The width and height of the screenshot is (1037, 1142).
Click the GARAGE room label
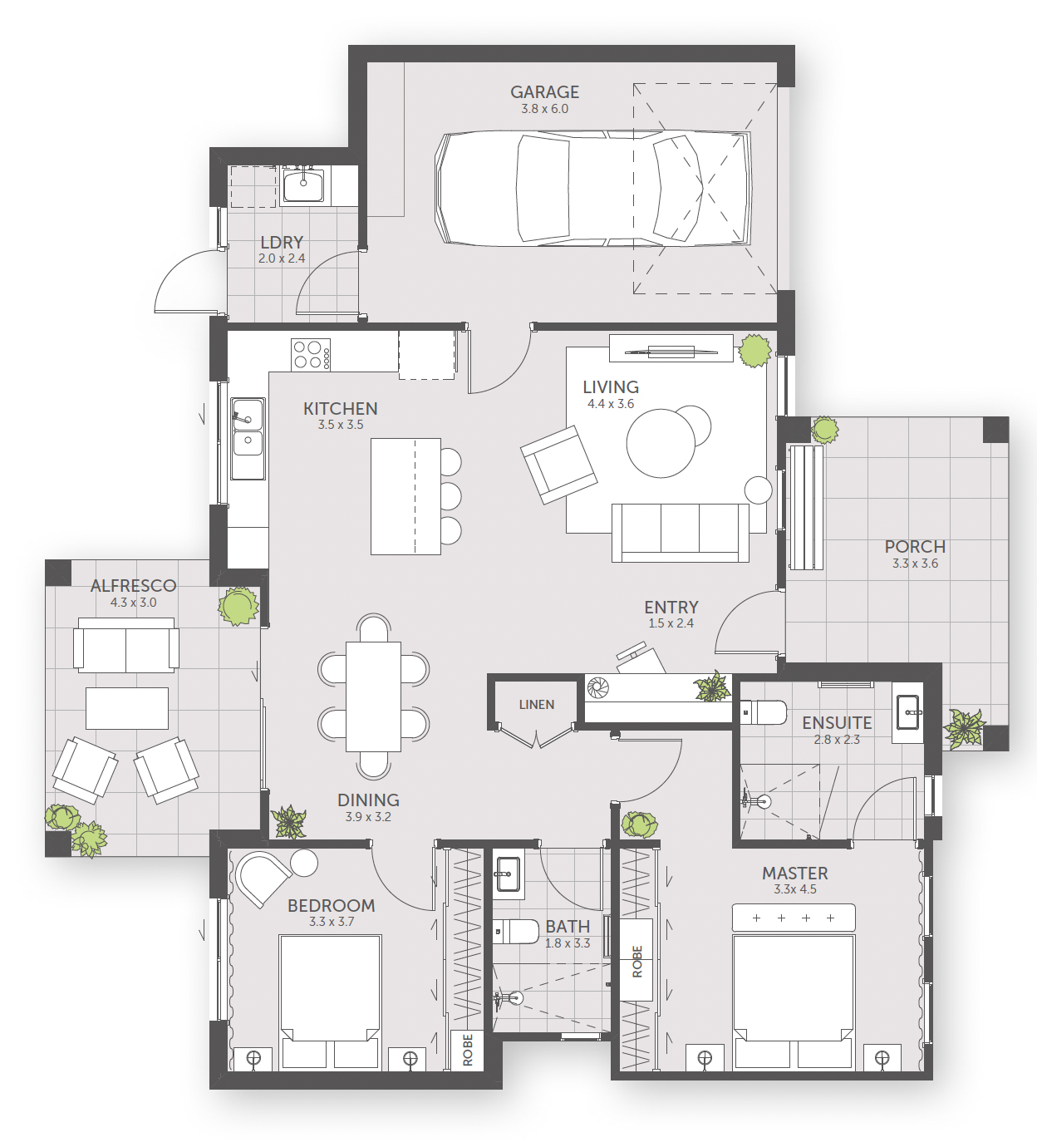pyautogui.click(x=544, y=91)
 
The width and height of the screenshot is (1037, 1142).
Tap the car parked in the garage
pyautogui.click(x=592, y=189)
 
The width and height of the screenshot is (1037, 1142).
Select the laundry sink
pyautogui.click(x=303, y=184)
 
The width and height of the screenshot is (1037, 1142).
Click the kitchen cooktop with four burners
pyautogui.click(x=310, y=355)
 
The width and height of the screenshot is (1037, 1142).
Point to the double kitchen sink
pyautogui.click(x=248, y=438)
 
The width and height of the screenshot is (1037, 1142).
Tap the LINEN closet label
pyautogui.click(x=536, y=705)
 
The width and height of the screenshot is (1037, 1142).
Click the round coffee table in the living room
pyautogui.click(x=661, y=444)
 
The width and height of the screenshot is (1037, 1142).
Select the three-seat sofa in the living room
pyautogui.click(x=681, y=533)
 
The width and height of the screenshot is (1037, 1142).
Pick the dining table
pyautogui.click(x=373, y=697)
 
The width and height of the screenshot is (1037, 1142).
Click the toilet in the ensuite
pyautogui.click(x=763, y=712)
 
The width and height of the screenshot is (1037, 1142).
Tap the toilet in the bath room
pyautogui.click(x=515, y=932)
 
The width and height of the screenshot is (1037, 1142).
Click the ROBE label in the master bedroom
pyautogui.click(x=636, y=962)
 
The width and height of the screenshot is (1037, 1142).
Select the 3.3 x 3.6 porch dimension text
pyautogui.click(x=915, y=564)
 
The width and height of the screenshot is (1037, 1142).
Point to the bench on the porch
pyautogui.click(x=805, y=507)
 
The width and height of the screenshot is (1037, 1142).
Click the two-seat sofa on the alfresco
pyautogui.click(x=125, y=646)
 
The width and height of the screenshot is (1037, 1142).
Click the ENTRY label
pyautogui.click(x=671, y=607)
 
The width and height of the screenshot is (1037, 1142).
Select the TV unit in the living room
pyautogui.click(x=671, y=348)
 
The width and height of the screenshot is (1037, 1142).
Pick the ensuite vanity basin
pyautogui.click(x=907, y=712)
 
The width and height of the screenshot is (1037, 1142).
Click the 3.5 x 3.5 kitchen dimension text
pyautogui.click(x=341, y=425)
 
